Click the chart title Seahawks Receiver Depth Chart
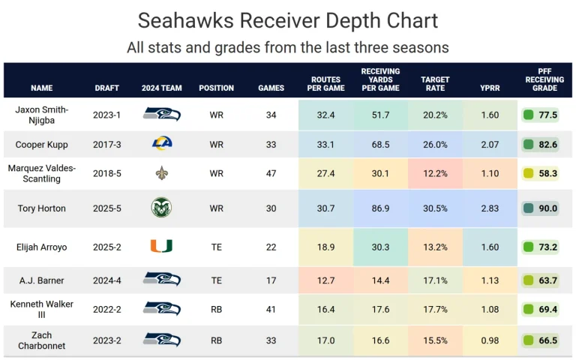pyautogui.click(x=288, y=20)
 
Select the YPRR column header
pyautogui.click(x=489, y=88)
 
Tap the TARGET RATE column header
pyautogui.click(x=435, y=83)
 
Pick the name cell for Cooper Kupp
pyautogui.click(x=42, y=144)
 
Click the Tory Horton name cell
pyautogui.click(x=42, y=208)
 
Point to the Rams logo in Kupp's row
pyautogui.click(x=162, y=144)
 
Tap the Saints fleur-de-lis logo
pyautogui.click(x=162, y=173)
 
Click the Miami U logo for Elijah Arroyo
pyautogui.click(x=162, y=245)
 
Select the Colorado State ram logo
pyautogui.click(x=162, y=208)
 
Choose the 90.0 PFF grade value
pyautogui.click(x=547, y=208)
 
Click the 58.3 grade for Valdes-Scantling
pyautogui.click(x=547, y=173)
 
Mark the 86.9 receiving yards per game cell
pyautogui.click(x=380, y=208)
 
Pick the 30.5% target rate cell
pyautogui.click(x=435, y=208)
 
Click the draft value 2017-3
pyautogui.click(x=106, y=144)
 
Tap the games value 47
pyautogui.click(x=271, y=173)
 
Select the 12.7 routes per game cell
pyautogui.click(x=325, y=280)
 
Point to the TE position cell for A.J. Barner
pyautogui.click(x=217, y=280)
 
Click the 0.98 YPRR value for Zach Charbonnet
pyautogui.click(x=489, y=340)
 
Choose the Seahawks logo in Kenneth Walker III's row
pyautogui.click(x=162, y=308)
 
